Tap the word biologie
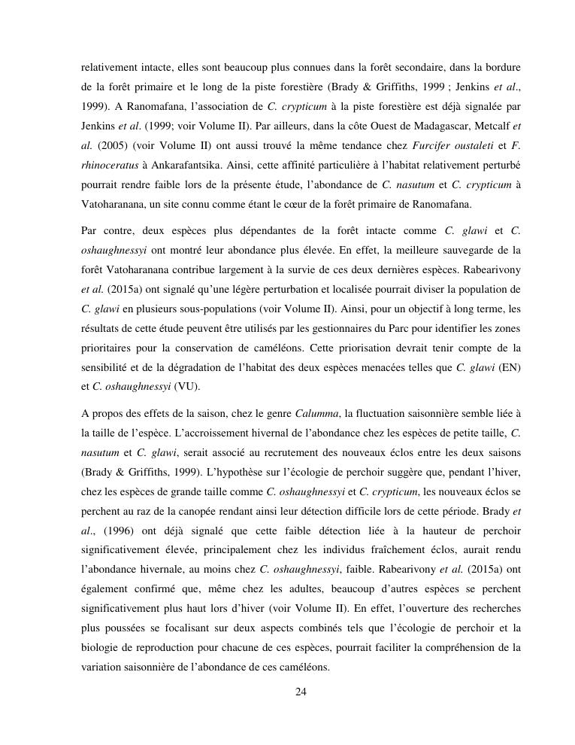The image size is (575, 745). [x=103, y=647]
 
